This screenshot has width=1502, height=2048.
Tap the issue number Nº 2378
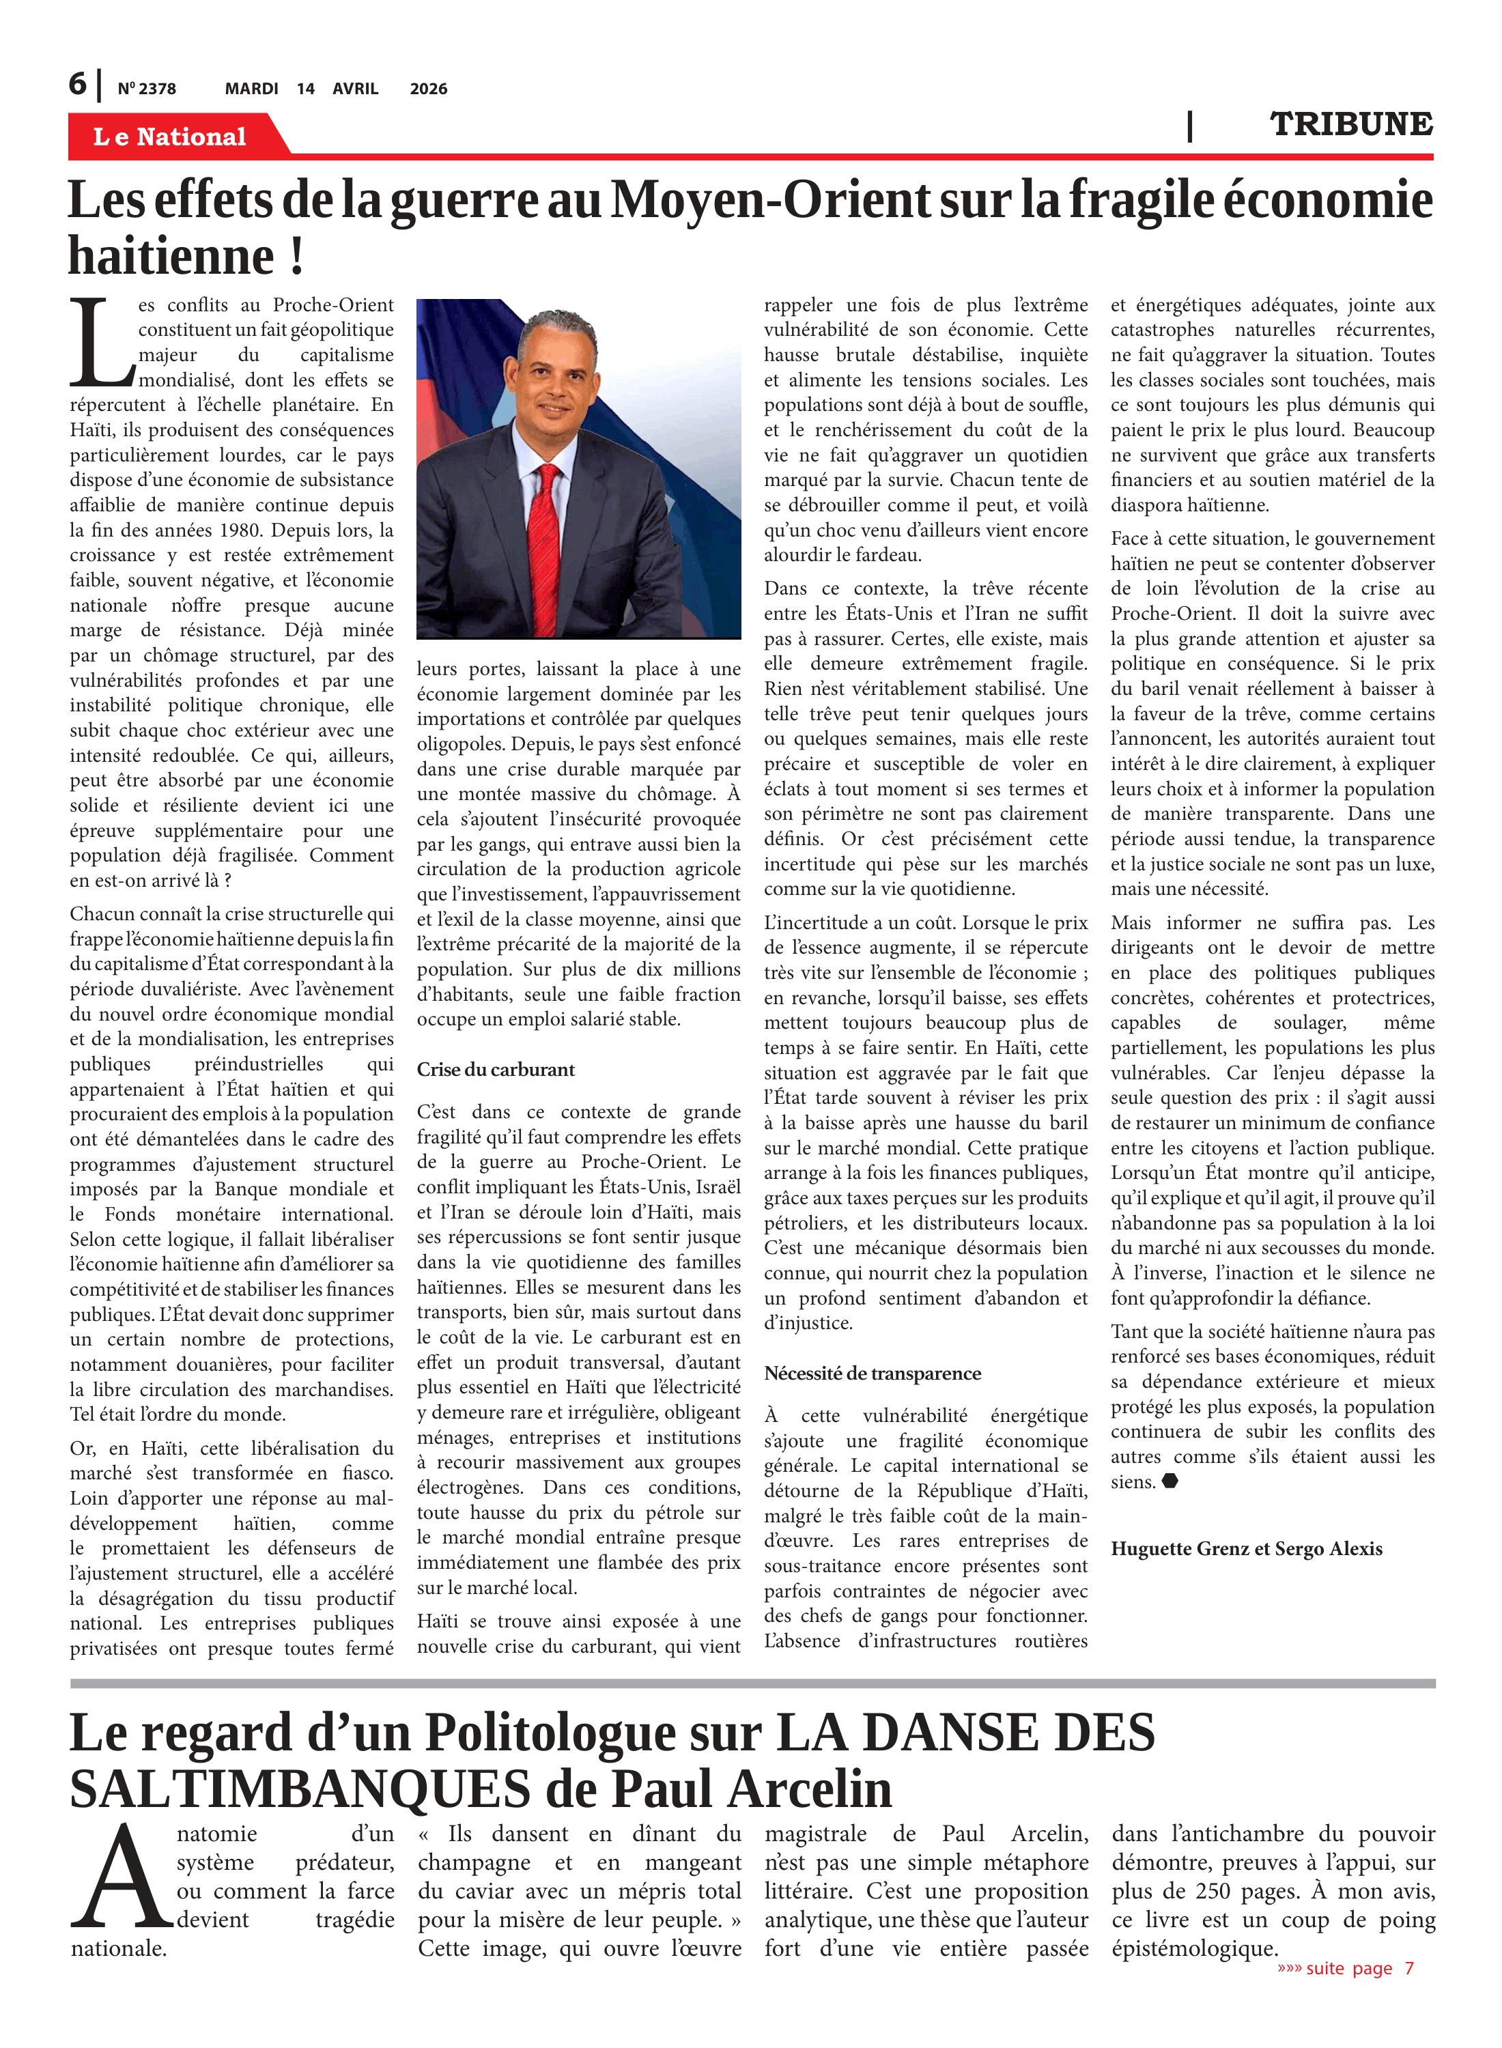146,89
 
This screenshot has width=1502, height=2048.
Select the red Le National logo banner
170,137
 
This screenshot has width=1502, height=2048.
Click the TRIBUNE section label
1351,124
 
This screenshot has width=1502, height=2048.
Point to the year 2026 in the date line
428,89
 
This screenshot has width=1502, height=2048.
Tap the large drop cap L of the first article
101,343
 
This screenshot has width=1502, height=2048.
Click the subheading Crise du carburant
496,1070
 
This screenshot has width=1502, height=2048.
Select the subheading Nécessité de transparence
872,1374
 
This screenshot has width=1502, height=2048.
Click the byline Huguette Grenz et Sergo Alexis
1245,1549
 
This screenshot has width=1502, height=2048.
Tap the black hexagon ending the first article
1170,1481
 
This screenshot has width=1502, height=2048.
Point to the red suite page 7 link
1346,1969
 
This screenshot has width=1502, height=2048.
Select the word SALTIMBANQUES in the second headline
299,1790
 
